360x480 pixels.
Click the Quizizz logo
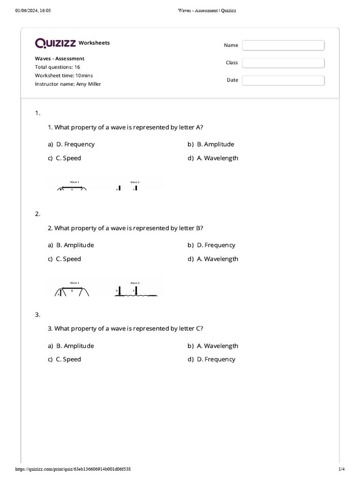coord(56,43)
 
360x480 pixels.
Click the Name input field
coord(283,45)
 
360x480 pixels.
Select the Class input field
coord(283,63)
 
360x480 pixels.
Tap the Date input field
coord(283,80)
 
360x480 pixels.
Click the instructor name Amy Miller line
coord(68,84)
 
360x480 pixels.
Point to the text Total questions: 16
coord(57,67)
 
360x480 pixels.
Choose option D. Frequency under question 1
coord(75,144)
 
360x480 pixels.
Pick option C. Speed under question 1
coord(68,158)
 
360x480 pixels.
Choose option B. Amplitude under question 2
coord(75,245)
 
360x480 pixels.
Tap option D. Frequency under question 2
coord(216,245)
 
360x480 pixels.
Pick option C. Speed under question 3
coord(68,360)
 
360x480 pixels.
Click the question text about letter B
coord(125,228)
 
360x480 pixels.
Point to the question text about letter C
coord(125,329)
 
